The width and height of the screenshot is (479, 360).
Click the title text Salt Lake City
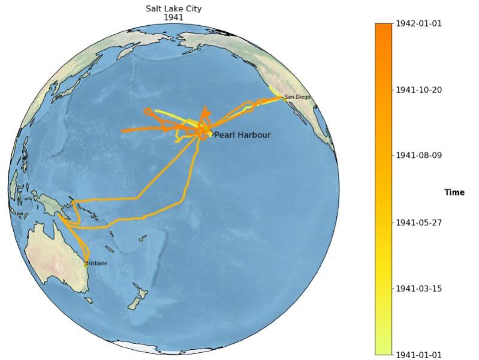pos(173,8)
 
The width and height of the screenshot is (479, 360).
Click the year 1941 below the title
pos(173,17)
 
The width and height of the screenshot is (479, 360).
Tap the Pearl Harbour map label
pos(242,135)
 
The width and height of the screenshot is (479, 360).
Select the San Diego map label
pos(297,97)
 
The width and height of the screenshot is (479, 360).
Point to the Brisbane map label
pos(96,263)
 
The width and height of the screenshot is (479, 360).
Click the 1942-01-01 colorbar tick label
pos(418,23)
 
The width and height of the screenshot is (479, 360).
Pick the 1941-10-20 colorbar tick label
pos(418,89)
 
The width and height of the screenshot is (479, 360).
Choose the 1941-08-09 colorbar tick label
pos(418,155)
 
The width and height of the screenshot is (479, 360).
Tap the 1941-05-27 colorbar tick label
pos(418,223)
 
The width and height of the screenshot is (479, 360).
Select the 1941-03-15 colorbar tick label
pos(418,289)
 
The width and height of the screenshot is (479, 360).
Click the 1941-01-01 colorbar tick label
pos(418,355)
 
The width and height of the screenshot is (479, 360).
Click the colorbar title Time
pos(454,193)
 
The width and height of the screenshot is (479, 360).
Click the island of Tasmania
pos(88,299)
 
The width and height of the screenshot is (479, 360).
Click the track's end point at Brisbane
pos(85,262)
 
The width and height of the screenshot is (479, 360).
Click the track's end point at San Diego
pos(283,97)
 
